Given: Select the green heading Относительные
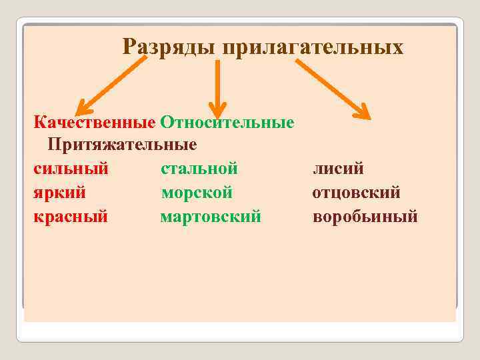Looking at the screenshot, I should pos(227,123).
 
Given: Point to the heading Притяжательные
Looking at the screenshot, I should pos(122,144).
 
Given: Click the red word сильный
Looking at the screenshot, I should pos(71,168).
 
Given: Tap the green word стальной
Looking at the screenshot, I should pos(199,168).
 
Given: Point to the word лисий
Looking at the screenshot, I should pos(339,168).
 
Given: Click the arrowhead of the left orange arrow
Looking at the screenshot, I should pos(83,109).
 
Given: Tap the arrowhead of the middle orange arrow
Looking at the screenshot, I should pos(217,110).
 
